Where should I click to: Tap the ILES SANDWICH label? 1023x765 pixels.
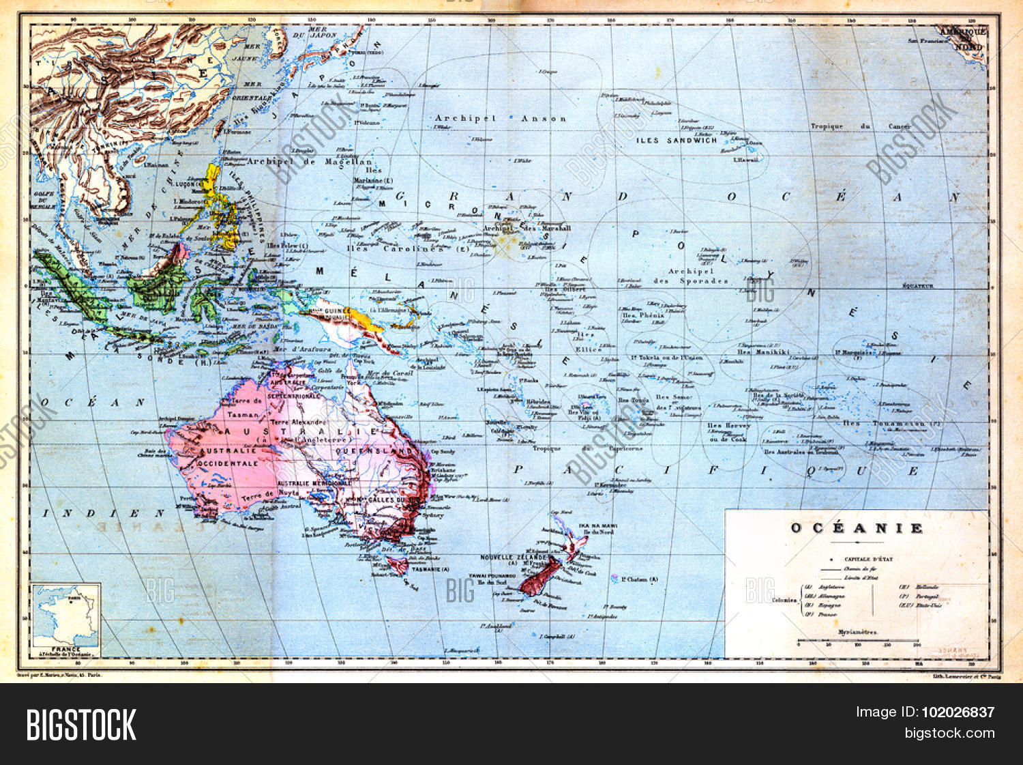[x=677, y=141]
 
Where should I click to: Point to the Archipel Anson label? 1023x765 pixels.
[x=501, y=119]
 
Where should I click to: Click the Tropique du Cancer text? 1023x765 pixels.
[x=861, y=126]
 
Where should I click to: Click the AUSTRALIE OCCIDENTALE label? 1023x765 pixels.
[x=230, y=457]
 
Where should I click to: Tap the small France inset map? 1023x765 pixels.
[x=65, y=616]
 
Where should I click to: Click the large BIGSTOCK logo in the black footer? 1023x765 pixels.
[x=81, y=724]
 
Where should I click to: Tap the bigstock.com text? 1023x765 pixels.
[x=949, y=734]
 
